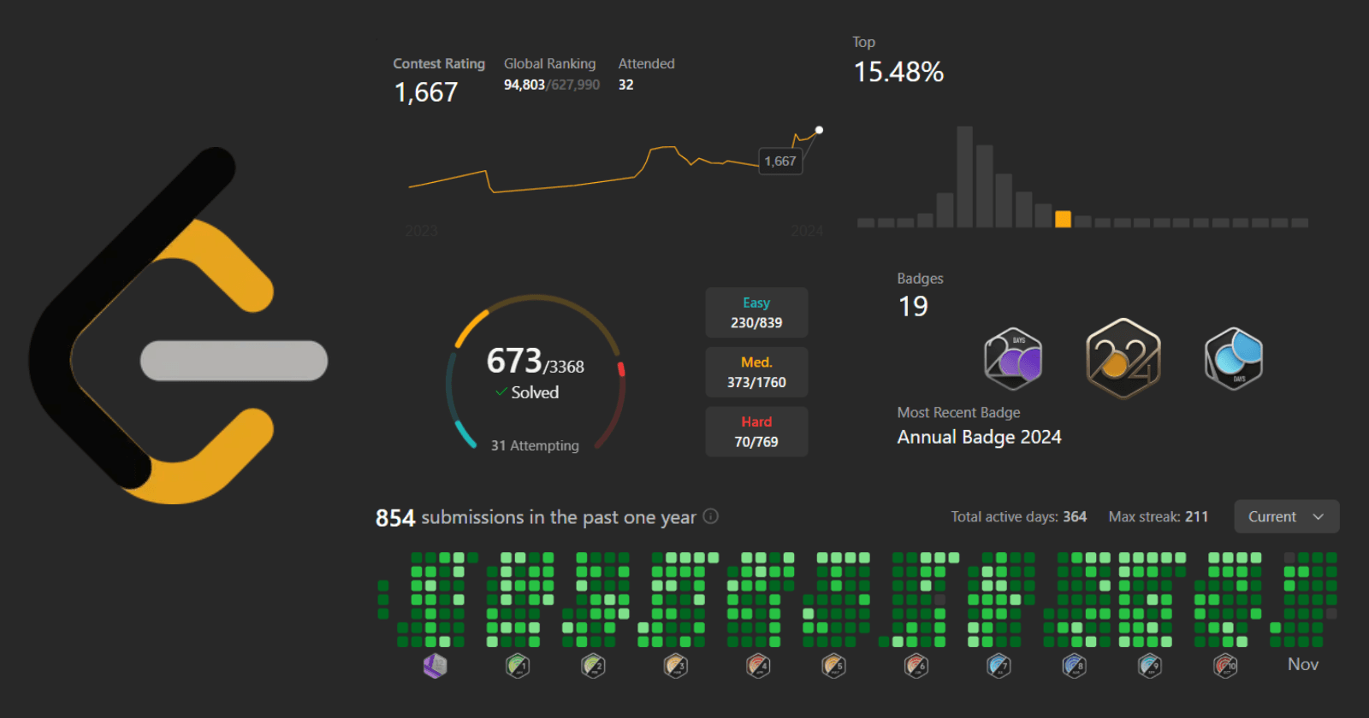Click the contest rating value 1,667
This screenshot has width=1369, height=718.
[x=426, y=92]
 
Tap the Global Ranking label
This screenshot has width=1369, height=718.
[x=549, y=63]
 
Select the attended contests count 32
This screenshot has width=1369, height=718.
[x=626, y=85]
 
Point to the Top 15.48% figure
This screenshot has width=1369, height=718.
[x=898, y=72]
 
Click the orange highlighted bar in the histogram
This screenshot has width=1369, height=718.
[x=1063, y=219]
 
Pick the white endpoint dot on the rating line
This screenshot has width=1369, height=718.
[x=819, y=130]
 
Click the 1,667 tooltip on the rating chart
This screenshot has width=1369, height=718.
[x=780, y=161]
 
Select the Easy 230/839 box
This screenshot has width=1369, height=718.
[x=756, y=313]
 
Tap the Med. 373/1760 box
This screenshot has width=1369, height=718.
[x=756, y=373]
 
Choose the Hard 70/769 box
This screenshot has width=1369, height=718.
[x=756, y=433]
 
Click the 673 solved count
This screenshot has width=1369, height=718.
[x=514, y=361]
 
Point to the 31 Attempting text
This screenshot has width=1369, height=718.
[x=535, y=445]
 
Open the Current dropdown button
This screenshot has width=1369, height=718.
[x=1286, y=516]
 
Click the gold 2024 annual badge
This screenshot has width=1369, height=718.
[x=1123, y=358]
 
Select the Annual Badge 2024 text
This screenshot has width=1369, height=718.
[x=979, y=437]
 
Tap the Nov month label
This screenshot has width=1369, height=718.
[x=1303, y=664]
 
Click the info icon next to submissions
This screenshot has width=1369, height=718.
[x=710, y=516]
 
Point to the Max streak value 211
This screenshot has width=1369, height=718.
[x=1196, y=516]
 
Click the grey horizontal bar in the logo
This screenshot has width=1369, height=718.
[x=234, y=361]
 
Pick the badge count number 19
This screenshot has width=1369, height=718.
[x=913, y=306]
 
